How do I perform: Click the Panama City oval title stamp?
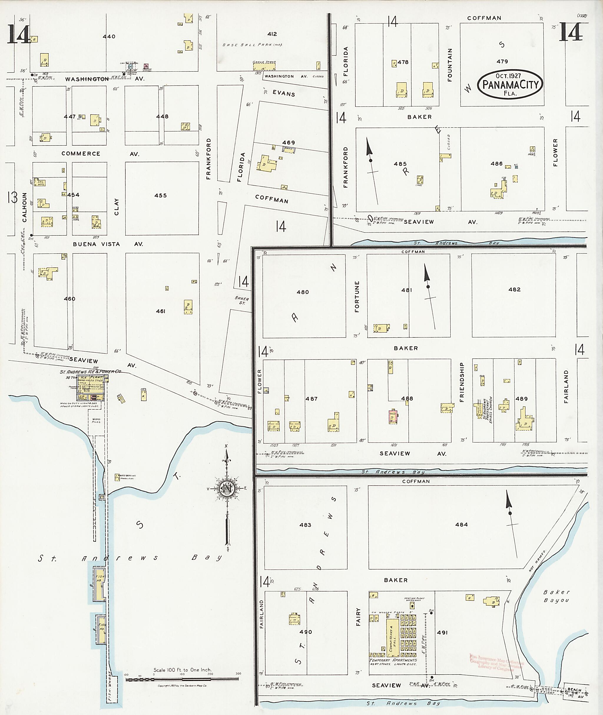point(510,84)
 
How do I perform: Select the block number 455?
point(160,195)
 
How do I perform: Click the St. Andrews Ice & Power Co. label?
point(90,371)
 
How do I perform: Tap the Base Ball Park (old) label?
point(252,45)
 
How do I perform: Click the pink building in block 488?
point(393,416)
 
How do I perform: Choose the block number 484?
point(461,524)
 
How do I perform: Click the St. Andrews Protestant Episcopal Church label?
point(487,410)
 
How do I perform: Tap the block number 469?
point(288,142)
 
